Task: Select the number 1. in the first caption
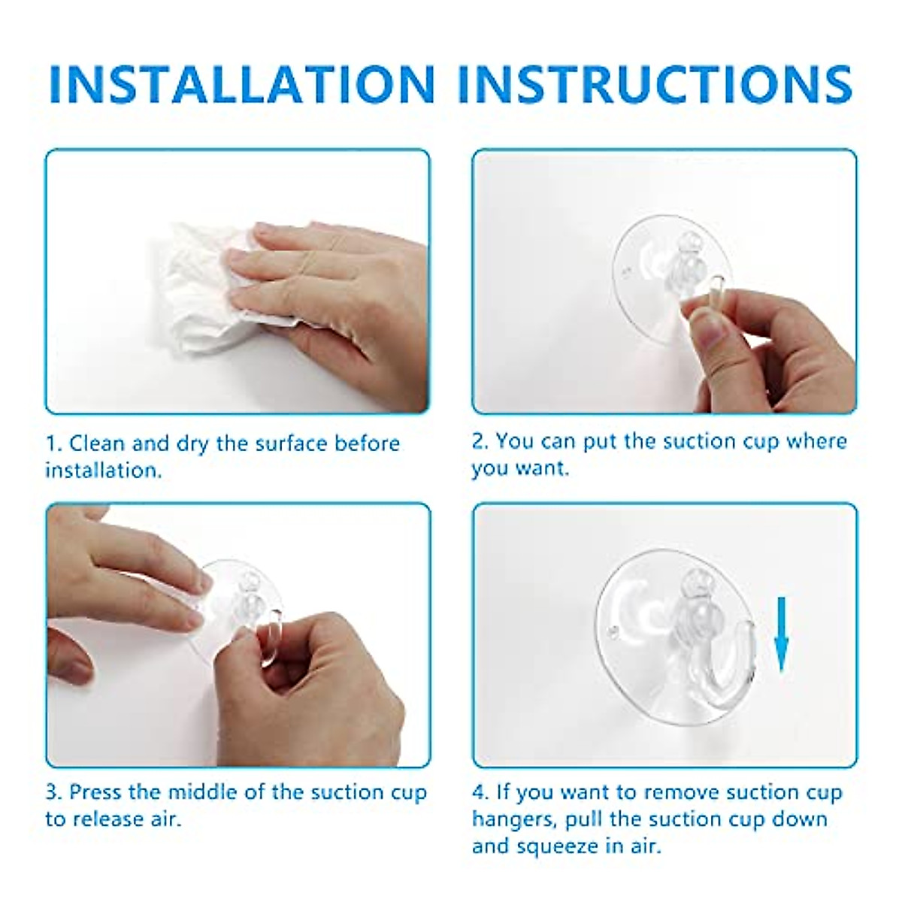click(54, 443)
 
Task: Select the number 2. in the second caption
click(480, 440)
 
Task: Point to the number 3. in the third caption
click(54, 792)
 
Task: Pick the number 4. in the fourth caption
click(481, 792)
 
